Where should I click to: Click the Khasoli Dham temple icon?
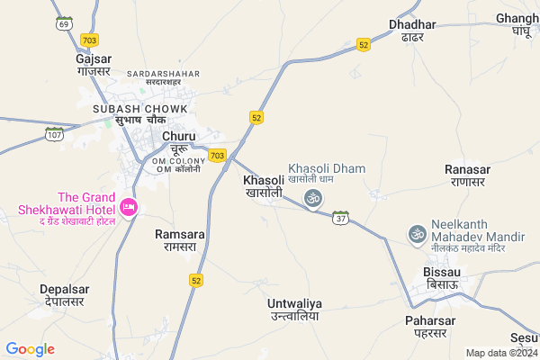pyautogui.click(x=312, y=198)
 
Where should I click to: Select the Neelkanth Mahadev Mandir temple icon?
pyautogui.click(x=417, y=233)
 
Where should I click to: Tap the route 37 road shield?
pyautogui.click(x=340, y=218)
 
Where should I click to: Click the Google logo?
pyautogui.click(x=30, y=349)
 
